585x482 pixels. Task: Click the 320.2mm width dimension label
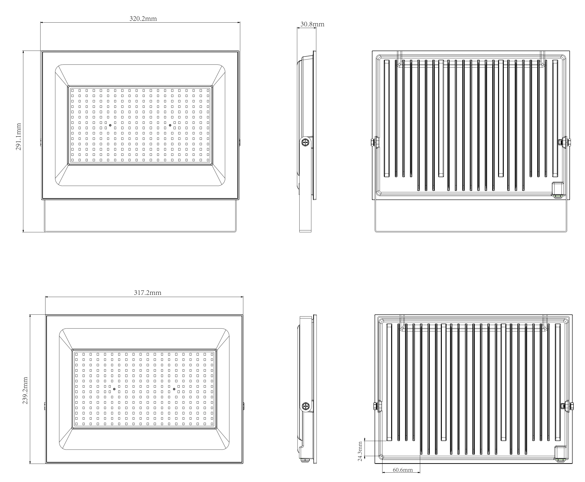click(x=143, y=19)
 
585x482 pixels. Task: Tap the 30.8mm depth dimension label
click(x=312, y=24)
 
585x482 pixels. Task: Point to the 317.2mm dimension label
click(x=147, y=293)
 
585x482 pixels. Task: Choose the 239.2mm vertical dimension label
click(x=25, y=390)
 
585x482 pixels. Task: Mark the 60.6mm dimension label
click(x=402, y=470)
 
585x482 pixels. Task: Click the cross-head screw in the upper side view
click(x=305, y=142)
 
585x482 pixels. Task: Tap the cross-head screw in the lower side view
click(x=305, y=406)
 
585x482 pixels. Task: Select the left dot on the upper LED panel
click(x=110, y=125)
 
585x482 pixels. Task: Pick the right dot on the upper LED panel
click(x=170, y=125)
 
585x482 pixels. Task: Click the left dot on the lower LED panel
click(x=114, y=389)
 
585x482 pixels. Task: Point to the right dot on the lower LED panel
click(x=174, y=389)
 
